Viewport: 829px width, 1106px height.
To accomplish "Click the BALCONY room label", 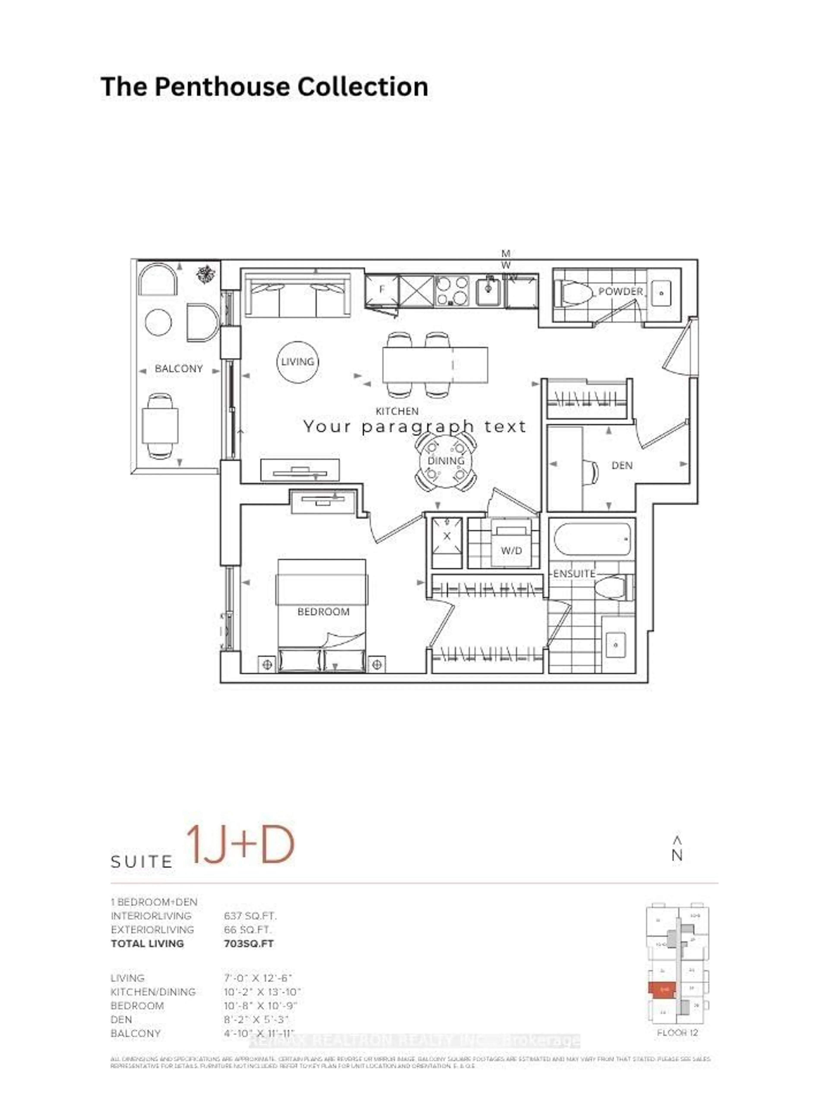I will pyautogui.click(x=178, y=369).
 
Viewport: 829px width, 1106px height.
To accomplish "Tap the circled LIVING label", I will pyautogui.click(x=297, y=361).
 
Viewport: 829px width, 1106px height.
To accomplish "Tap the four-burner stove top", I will pyautogui.click(x=452, y=291).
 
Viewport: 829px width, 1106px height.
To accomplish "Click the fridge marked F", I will pyautogui.click(x=382, y=290).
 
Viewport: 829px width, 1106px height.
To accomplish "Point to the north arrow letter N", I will pyautogui.click(x=677, y=855).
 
